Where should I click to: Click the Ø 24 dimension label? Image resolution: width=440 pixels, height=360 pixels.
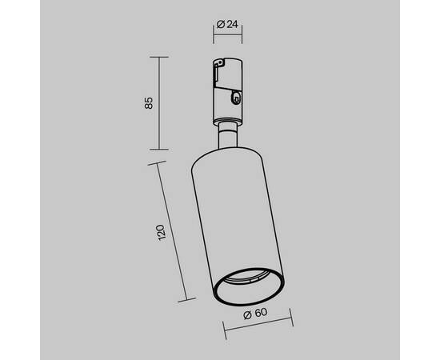pyautogui.click(x=227, y=25)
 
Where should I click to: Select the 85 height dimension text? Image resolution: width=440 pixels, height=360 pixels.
pyautogui.click(x=149, y=103)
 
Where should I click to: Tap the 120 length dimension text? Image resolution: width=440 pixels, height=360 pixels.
pyautogui.click(x=161, y=232)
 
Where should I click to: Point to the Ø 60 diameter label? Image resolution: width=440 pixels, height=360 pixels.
pyautogui.click(x=255, y=314)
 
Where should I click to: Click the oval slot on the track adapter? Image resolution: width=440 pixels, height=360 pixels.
pyautogui.click(x=235, y=98)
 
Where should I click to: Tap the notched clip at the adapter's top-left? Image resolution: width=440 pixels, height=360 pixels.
pyautogui.click(x=219, y=64)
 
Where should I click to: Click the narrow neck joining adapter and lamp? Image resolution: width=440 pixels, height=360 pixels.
pyautogui.click(x=227, y=135)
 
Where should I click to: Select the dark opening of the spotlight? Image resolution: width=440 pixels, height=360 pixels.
pyautogui.click(x=248, y=286)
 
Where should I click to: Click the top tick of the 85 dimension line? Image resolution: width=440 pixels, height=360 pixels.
pyautogui.click(x=159, y=57)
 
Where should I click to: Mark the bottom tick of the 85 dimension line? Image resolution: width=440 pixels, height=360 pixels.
pyautogui.click(x=159, y=150)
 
